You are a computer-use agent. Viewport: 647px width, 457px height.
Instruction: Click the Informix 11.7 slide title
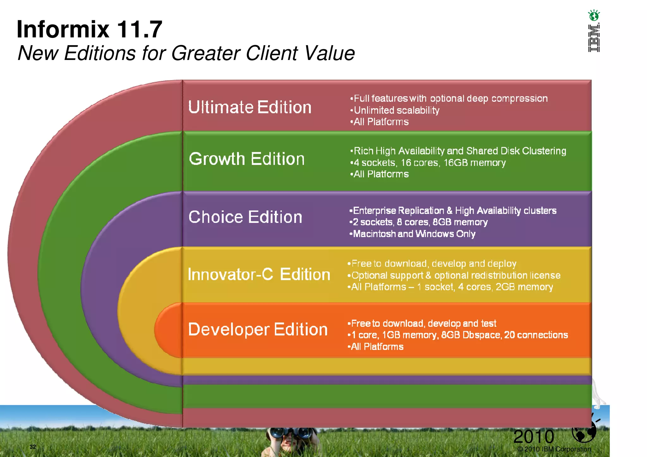[x=89, y=29]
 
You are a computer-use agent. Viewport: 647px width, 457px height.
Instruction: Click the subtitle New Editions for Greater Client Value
[x=186, y=53]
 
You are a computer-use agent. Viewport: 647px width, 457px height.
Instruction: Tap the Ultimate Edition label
[x=250, y=107]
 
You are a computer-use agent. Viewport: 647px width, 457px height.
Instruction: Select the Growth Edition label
[x=246, y=159]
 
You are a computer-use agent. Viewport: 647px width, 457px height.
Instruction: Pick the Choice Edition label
[x=245, y=217]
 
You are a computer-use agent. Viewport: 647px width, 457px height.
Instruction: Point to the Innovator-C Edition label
[x=259, y=274]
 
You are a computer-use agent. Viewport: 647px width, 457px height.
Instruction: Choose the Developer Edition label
[x=258, y=329]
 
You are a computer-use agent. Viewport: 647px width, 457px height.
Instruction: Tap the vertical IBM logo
[x=594, y=38]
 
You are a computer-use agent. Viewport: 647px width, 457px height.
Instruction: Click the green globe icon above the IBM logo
[x=594, y=15]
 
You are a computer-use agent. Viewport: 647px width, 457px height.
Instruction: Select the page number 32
[x=33, y=447]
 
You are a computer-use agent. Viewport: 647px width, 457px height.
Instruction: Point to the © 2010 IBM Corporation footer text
[x=554, y=449]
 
